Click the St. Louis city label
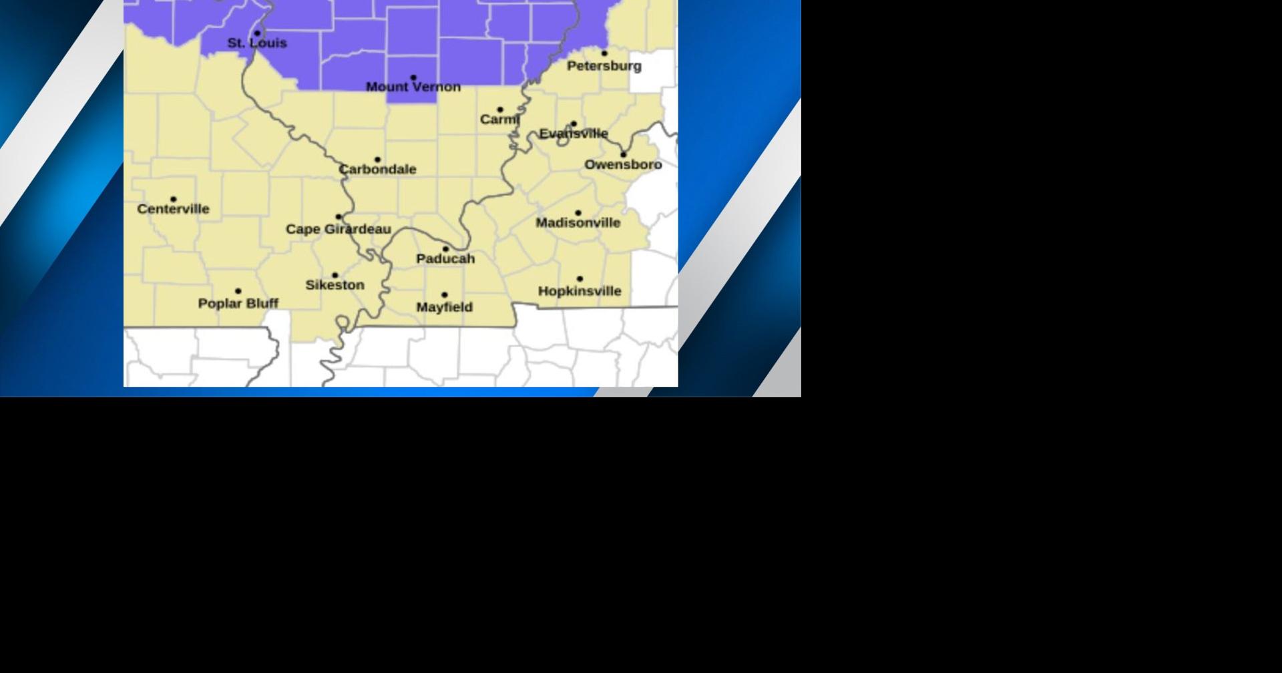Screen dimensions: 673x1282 click(x=257, y=43)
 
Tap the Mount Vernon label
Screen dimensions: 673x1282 click(x=413, y=87)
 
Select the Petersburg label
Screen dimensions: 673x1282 click(x=604, y=66)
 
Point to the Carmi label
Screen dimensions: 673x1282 click(x=499, y=120)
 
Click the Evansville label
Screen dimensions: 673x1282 click(x=574, y=134)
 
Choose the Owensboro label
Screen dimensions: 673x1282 click(x=623, y=165)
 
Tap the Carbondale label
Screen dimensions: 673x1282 click(x=377, y=170)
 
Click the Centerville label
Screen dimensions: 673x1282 click(x=173, y=209)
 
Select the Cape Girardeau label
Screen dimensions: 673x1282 click(x=339, y=230)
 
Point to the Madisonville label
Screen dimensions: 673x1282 click(x=578, y=223)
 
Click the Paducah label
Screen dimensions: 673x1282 click(x=445, y=259)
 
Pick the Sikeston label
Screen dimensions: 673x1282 click(x=335, y=285)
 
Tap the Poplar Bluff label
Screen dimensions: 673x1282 click(x=238, y=304)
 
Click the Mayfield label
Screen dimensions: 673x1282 click(x=444, y=307)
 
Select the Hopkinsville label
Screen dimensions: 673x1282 click(x=580, y=291)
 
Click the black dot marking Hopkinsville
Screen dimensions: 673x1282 click(x=580, y=279)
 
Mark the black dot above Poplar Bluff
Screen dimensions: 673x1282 click(x=238, y=291)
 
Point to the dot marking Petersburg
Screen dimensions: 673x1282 click(x=604, y=53)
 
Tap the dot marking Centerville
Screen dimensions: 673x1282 click(x=174, y=199)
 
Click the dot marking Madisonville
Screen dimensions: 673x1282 click(x=578, y=213)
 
